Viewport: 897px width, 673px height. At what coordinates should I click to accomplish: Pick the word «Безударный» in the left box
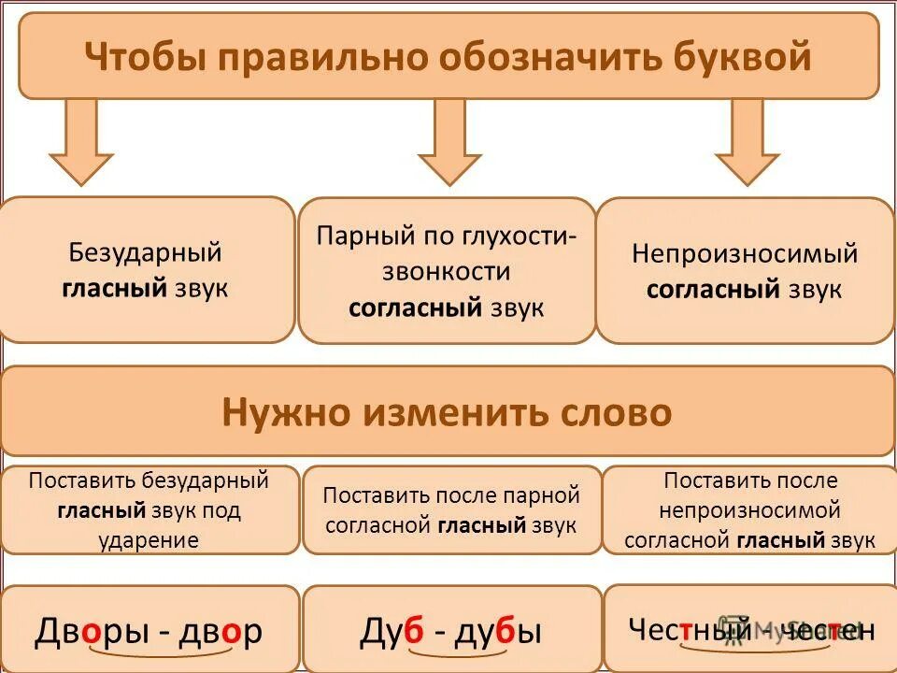[x=145, y=252]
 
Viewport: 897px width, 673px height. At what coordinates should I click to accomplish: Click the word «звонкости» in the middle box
[x=447, y=272]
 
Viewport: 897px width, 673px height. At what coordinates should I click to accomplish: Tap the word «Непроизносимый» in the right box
[x=745, y=253]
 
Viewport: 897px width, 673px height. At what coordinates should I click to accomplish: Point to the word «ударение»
[x=149, y=540]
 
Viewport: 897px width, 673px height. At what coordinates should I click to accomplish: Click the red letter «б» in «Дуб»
[x=413, y=632]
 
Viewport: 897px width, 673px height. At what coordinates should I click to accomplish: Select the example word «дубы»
[x=498, y=632]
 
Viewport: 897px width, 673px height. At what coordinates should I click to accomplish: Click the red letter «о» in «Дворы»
[x=91, y=633]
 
